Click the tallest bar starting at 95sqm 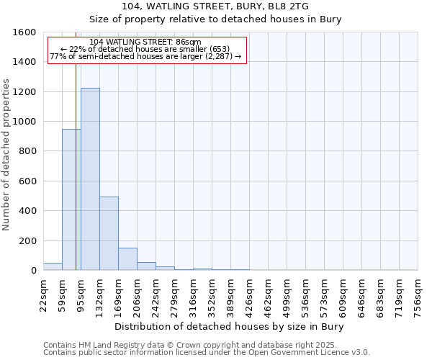[90, 179]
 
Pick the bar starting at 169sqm [127, 259]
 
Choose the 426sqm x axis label [250, 295]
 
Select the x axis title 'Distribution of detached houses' [230, 326]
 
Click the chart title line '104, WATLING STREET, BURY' [215, 6]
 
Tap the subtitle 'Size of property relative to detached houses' [215, 19]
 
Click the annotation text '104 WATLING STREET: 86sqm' [147, 42]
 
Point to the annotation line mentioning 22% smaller [147, 49]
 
